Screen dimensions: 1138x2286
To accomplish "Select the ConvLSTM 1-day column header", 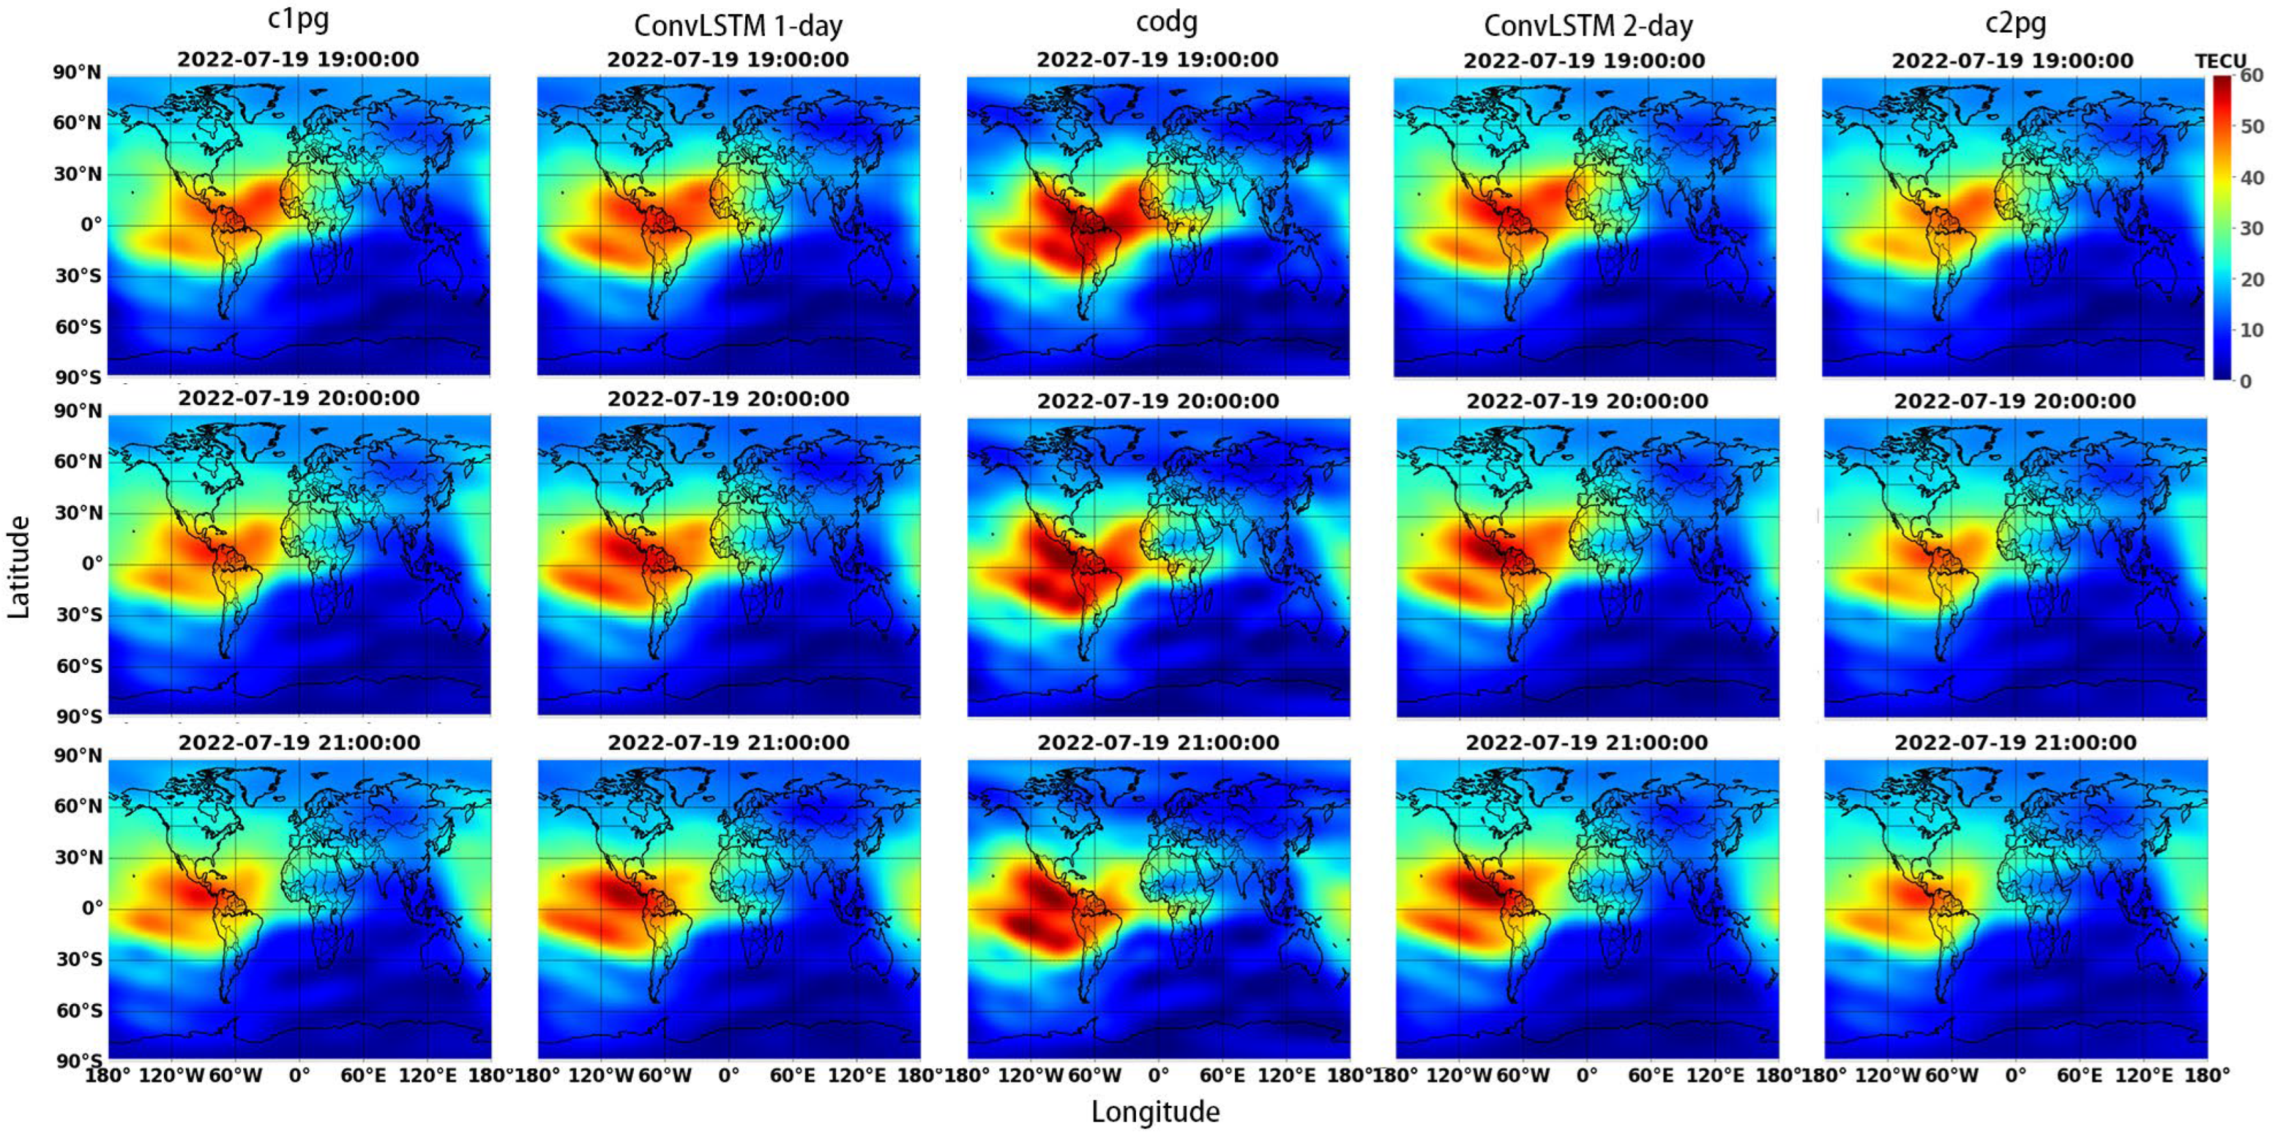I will click(738, 25).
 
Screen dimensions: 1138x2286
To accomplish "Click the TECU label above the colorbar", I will click(2220, 61).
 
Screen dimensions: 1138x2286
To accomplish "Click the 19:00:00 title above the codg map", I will click(1157, 60).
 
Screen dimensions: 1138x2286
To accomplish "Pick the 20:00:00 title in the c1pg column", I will click(299, 398).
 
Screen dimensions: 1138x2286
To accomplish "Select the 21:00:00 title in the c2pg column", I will click(2016, 743).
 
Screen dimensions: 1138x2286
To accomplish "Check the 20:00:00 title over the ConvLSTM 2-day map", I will click(1587, 401).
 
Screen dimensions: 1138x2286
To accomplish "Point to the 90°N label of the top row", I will click(77, 73).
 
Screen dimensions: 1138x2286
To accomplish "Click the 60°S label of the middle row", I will click(79, 666).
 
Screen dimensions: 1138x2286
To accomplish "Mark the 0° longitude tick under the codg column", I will click(1158, 1076).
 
